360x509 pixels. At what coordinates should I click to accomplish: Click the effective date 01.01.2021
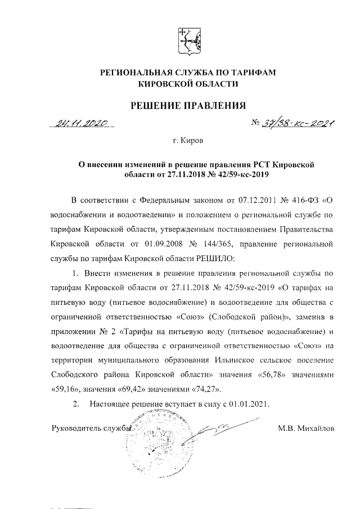(245, 404)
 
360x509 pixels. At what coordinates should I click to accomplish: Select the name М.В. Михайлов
(305, 428)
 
